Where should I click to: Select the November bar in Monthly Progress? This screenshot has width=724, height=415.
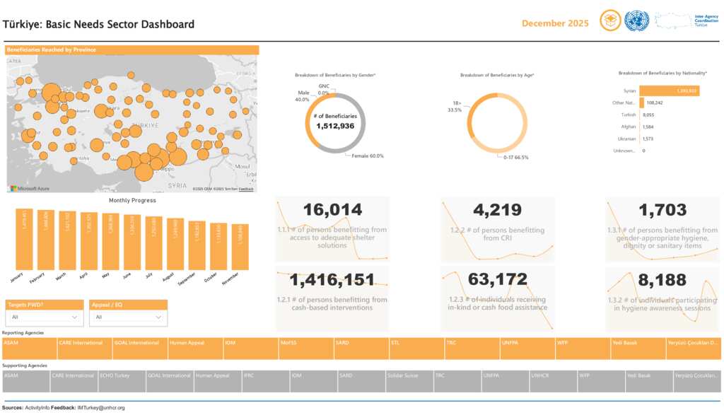click(x=240, y=247)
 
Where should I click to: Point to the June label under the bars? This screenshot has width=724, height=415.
click(x=127, y=276)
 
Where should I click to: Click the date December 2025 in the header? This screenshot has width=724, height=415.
click(x=555, y=23)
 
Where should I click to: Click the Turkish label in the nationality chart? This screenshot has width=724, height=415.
click(x=628, y=115)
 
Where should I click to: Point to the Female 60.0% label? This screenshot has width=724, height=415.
click(x=367, y=156)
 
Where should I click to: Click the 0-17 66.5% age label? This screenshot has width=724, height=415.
click(x=517, y=157)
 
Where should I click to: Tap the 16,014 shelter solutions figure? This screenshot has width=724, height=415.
click(x=332, y=210)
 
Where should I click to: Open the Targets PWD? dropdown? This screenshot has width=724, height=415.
click(x=44, y=317)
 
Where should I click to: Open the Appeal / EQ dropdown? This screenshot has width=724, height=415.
click(x=128, y=317)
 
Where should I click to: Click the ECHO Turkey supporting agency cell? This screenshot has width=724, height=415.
click(x=122, y=381)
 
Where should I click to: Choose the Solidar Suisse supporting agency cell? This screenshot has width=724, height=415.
click(x=409, y=381)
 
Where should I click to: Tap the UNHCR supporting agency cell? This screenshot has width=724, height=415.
click(x=553, y=381)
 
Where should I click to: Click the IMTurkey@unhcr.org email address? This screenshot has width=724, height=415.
click(x=102, y=408)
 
